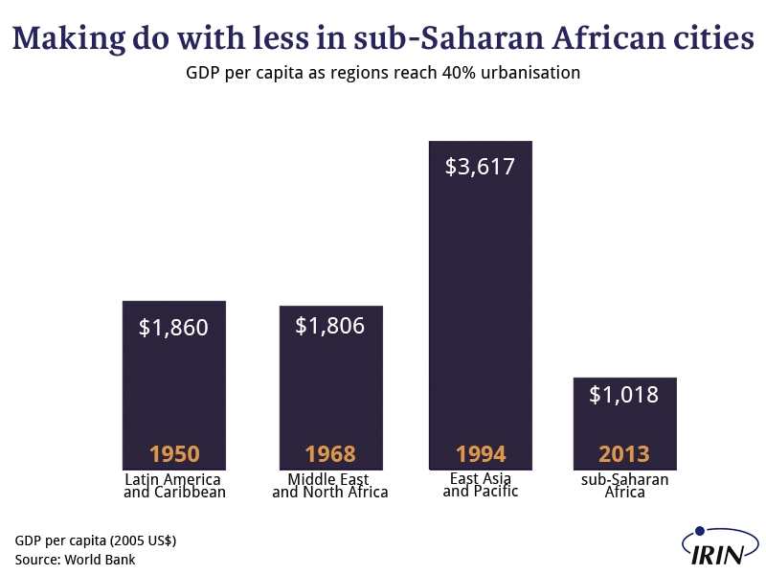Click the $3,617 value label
click(481, 167)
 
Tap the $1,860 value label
click(173, 328)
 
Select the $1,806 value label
click(330, 326)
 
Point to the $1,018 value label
click(624, 394)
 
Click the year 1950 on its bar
click(174, 454)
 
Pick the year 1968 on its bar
click(330, 454)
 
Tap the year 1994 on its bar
click(481, 454)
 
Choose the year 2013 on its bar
click(624, 454)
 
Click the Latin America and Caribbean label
click(174, 486)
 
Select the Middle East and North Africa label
click(330, 486)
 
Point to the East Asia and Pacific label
click(481, 485)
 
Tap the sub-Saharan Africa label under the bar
click(625, 486)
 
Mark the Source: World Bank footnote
click(75, 560)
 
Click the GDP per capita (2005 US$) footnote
click(96, 540)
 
